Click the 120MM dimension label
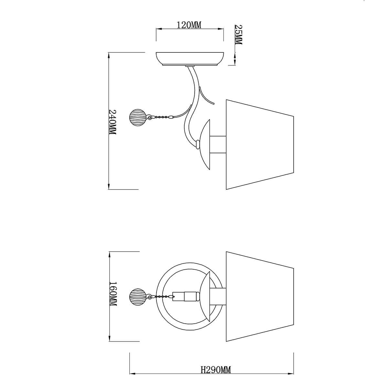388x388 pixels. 189,25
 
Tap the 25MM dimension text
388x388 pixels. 239,34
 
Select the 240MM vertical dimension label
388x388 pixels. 112,122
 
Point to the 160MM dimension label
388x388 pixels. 113,294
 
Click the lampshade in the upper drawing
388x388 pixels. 260,144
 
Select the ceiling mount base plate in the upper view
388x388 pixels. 190,59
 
